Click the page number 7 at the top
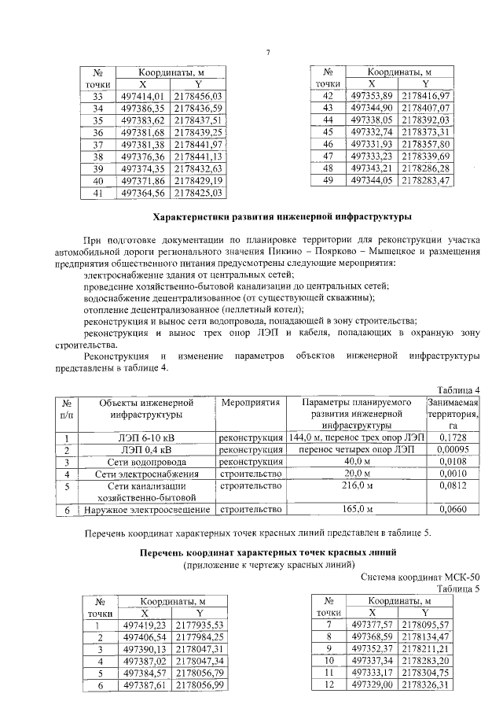pos(267,53)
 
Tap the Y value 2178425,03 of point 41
pos(199,192)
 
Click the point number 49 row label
pos(329,180)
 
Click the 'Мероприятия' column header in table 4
pos(251,403)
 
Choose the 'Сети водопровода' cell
pos(148,462)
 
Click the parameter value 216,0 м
pos(355,487)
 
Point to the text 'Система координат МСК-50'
pos(424,577)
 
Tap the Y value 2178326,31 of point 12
pos(425,686)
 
